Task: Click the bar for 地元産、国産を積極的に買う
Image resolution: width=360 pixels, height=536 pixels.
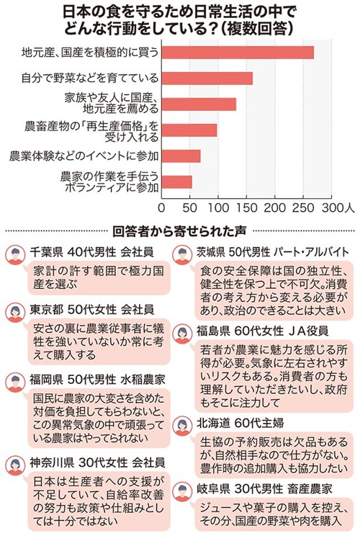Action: pyautogui.click(x=238, y=53)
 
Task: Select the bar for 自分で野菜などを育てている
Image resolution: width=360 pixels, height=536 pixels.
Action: pyautogui.click(x=207, y=79)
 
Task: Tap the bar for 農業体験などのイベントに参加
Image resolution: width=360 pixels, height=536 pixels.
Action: pyautogui.click(x=181, y=156)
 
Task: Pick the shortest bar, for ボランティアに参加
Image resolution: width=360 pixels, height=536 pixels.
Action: pyautogui.click(x=177, y=182)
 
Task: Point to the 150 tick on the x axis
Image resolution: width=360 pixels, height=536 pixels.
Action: pyautogui.click(x=246, y=207)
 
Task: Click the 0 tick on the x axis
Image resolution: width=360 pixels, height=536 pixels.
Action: pyautogui.click(x=161, y=207)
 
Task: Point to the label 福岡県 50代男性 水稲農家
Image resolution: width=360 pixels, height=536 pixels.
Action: pyautogui.click(x=97, y=380)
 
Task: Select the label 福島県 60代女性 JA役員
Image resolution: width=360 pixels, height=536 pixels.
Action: pyautogui.click(x=262, y=331)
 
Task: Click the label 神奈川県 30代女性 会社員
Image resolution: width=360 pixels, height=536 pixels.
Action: pyautogui.click(x=97, y=463)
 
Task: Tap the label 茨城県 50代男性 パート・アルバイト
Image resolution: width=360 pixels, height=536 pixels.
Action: pyautogui.click(x=273, y=252)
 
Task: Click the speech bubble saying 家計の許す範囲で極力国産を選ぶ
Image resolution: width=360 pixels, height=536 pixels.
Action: pyautogui.click(x=99, y=278)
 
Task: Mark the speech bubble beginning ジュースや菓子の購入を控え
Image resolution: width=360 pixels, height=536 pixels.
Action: pyautogui.click(x=274, y=514)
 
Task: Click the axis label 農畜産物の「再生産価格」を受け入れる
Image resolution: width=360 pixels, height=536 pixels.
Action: pyautogui.click(x=91, y=132)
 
